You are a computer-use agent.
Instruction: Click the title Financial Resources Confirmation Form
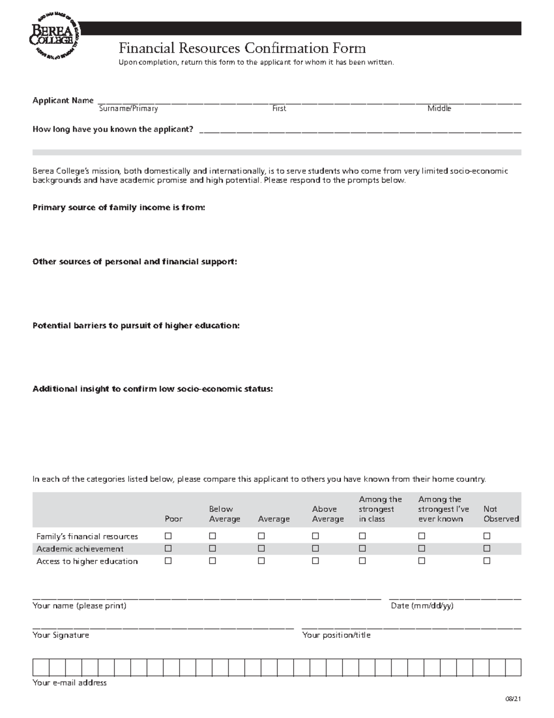242,48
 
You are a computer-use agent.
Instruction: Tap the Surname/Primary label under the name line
128,109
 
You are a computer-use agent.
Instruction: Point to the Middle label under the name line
439,109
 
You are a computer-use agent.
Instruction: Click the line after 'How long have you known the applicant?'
360,130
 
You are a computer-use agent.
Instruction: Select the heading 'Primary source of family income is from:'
119,208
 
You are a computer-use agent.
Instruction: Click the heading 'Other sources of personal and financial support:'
134,262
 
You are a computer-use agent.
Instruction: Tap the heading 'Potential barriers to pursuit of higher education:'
136,325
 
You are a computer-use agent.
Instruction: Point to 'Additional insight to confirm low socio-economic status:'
152,389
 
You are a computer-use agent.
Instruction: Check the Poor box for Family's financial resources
168,536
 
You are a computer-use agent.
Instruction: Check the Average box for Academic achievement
261,548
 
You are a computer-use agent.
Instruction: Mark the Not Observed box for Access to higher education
487,561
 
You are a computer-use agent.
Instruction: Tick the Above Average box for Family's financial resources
315,536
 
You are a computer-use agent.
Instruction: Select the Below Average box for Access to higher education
212,561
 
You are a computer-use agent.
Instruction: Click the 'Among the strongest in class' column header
380,509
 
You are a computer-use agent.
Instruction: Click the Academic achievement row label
80,549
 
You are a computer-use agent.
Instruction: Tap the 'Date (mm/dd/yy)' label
422,606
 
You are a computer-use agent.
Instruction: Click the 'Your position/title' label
336,635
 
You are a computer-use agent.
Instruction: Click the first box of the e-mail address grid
41,668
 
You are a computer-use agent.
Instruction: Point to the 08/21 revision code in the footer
513,700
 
